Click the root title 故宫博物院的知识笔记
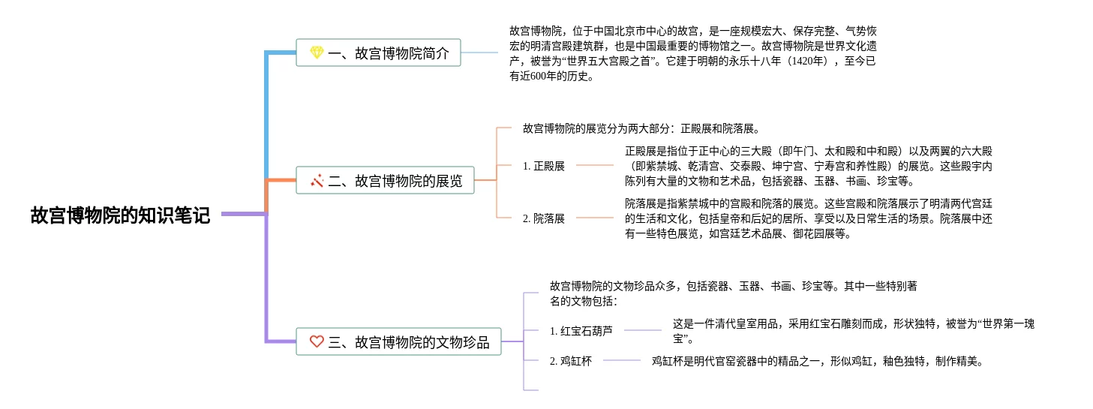120,215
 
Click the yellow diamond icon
317,53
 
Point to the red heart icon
317,342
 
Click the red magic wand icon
317,180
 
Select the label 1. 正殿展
544,166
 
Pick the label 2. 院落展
544,218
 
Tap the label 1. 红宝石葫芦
581,330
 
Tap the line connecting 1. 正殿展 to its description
594,166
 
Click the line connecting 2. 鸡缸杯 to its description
621,361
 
